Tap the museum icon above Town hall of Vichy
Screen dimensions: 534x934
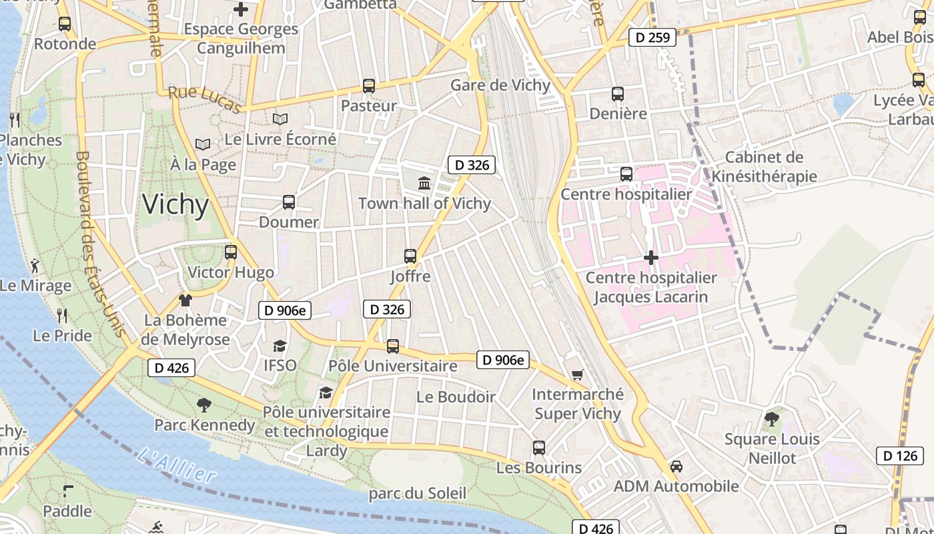click(x=424, y=183)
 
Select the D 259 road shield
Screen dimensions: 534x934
click(x=652, y=37)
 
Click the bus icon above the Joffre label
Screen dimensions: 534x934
click(x=410, y=256)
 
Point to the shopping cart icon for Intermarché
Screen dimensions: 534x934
click(x=578, y=375)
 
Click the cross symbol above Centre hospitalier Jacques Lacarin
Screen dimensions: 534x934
click(x=651, y=258)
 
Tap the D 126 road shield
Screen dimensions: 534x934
click(x=899, y=456)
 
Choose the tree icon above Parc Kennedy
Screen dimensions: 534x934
click(x=204, y=405)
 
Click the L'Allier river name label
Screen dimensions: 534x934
click(x=177, y=466)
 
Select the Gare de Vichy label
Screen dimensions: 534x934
click(x=500, y=85)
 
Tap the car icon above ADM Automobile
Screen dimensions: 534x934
click(x=676, y=466)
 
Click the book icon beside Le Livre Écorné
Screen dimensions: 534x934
click(x=280, y=119)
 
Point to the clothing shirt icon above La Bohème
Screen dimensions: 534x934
click(x=185, y=301)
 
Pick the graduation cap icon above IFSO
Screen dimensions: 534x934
click(x=280, y=346)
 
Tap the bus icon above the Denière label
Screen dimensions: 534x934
click(x=618, y=94)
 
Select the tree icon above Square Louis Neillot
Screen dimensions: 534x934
click(x=772, y=419)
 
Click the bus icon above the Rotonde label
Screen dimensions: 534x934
click(x=65, y=24)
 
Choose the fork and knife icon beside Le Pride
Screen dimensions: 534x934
click(x=62, y=315)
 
